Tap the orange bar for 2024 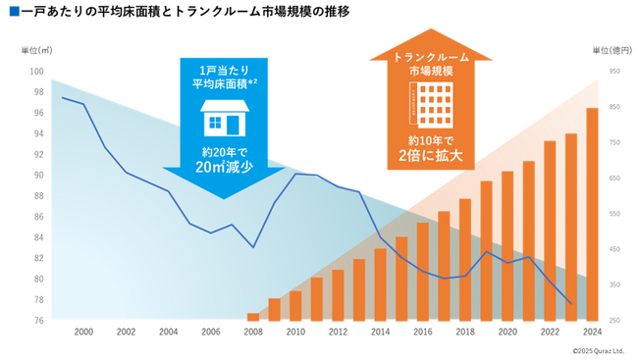coord(593,214)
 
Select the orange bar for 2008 coord(253,316)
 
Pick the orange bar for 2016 coord(423,271)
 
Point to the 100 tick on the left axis coord(37,72)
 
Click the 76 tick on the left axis coord(38,320)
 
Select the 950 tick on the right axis coord(613,72)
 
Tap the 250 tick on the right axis coord(613,320)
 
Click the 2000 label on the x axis coord(83,333)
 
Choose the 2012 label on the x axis coord(338,333)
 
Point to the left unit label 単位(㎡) coord(36,49)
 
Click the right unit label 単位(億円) coord(611,49)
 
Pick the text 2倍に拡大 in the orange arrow coord(429,156)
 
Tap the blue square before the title coord(12,13)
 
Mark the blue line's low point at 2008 coord(253,247)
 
